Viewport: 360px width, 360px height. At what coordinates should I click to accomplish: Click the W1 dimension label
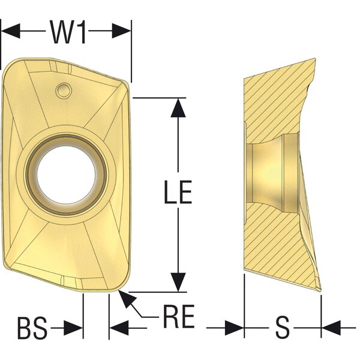point(68,32)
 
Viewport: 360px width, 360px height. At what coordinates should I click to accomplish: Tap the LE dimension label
point(178,192)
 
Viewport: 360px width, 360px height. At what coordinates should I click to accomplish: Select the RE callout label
point(179,316)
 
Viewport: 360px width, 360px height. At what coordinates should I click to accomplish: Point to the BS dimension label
point(32,328)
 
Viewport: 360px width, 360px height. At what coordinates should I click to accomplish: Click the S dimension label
point(282,327)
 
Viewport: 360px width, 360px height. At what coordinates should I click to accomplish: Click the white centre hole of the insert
point(66,175)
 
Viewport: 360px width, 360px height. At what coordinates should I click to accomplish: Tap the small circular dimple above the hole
point(63,91)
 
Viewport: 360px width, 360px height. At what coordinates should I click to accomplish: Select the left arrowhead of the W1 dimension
point(11,31)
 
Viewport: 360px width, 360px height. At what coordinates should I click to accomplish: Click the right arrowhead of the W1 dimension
point(121,31)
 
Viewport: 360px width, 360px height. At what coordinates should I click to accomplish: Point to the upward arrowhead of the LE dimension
point(178,108)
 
